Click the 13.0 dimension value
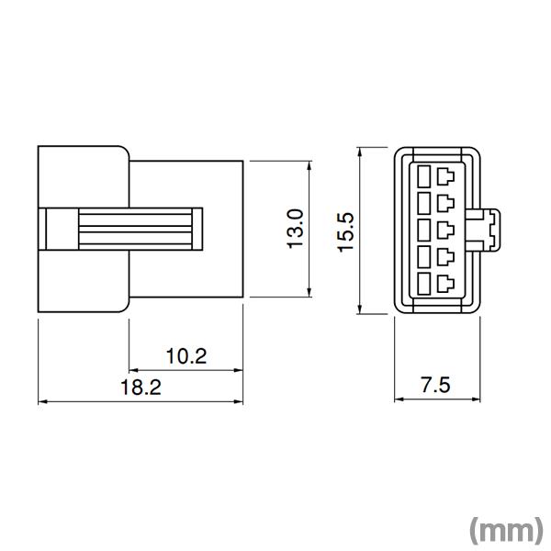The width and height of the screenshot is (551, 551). point(296,230)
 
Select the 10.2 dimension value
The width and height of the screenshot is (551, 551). point(186,356)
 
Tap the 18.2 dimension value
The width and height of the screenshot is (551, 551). point(140,388)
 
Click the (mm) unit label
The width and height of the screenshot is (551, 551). point(506,530)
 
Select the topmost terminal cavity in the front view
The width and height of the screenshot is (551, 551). point(435,174)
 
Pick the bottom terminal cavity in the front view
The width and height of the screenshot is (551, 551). point(435,284)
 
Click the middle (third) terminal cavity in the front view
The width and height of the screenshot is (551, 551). point(435,229)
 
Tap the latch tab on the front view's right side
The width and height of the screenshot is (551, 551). point(488,229)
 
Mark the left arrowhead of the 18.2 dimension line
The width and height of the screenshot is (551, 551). point(41,402)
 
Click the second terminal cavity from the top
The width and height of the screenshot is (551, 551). point(435,201)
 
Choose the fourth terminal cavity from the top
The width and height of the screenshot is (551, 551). point(435,256)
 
